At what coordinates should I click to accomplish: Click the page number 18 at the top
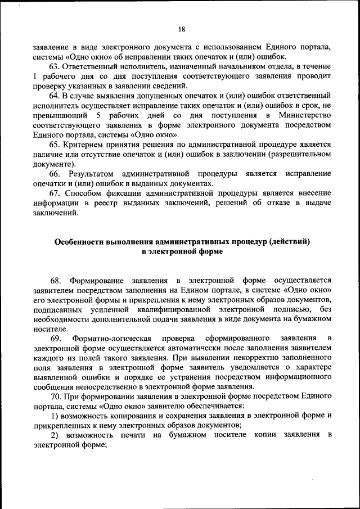[x=181, y=29]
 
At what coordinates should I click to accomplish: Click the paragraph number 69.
[x=56, y=338]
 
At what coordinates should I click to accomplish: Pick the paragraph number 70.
[x=55, y=397]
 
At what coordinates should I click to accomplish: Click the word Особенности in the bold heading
[x=78, y=242]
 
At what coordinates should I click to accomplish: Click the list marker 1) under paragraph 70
[x=54, y=416]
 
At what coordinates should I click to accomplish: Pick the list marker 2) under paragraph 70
[x=55, y=435]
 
